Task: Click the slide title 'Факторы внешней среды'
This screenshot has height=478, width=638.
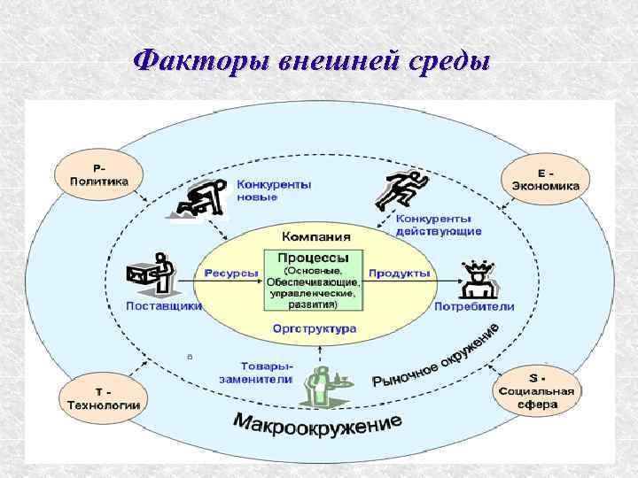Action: click(311, 61)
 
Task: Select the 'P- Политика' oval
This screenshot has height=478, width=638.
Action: click(98, 173)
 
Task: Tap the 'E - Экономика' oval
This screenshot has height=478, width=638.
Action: click(545, 177)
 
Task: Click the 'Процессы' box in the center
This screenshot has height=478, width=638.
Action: click(315, 279)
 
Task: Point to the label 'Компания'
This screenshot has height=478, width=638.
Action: click(315, 236)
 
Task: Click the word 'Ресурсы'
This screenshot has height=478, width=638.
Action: click(232, 274)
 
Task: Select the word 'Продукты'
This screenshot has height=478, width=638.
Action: click(400, 274)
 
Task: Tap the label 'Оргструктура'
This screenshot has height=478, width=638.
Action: click(315, 328)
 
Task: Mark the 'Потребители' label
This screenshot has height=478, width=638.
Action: click(474, 306)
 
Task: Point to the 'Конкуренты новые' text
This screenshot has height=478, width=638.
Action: click(274, 191)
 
